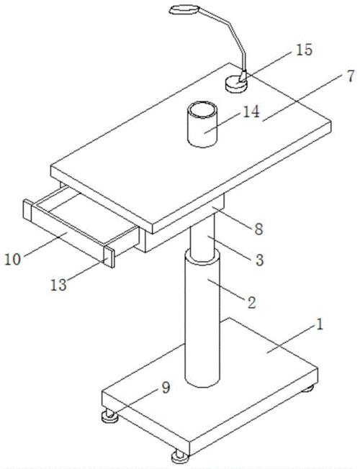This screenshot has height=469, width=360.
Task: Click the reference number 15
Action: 304,50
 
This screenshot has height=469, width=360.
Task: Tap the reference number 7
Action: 351,76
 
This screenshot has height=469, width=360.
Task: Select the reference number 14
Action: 251,112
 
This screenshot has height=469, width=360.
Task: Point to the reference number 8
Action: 258,229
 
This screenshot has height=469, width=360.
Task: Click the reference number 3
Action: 259,260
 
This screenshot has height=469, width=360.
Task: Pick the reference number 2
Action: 251,303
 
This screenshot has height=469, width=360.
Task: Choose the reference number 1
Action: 320,324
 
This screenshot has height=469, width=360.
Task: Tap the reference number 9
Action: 166,388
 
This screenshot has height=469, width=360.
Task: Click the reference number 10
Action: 12,259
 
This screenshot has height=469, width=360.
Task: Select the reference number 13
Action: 58,285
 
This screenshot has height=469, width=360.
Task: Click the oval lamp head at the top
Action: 184,10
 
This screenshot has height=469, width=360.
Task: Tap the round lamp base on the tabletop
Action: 236,84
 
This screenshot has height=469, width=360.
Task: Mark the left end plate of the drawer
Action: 27,211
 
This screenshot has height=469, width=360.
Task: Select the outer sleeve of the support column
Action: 202,318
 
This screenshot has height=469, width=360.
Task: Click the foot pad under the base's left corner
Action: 110,416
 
